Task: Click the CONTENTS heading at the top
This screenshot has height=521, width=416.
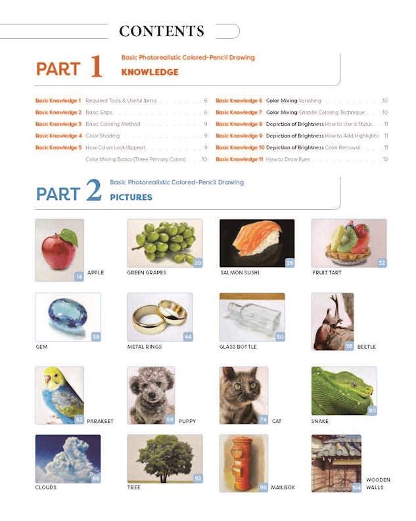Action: tap(162, 31)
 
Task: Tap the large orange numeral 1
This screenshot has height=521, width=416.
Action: tap(96, 67)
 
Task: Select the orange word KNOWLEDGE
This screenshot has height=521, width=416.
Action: tap(150, 72)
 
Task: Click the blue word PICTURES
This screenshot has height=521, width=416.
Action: tap(131, 197)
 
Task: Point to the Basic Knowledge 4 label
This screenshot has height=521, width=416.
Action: tap(58, 136)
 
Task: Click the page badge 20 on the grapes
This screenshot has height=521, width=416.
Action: tap(197, 262)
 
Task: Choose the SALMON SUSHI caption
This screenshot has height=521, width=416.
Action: tap(240, 272)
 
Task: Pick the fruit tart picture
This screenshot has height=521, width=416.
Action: tap(348, 243)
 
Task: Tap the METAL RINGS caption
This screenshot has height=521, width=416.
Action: tap(144, 347)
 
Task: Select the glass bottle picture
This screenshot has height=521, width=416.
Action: tap(252, 316)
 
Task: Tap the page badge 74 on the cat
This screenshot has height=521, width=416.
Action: tap(264, 419)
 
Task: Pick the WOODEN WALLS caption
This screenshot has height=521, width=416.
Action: tap(378, 484)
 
